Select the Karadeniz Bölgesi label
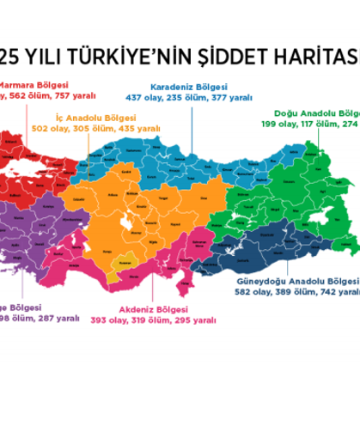tap(188, 87)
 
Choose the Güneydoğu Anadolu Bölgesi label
tap(295, 281)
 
